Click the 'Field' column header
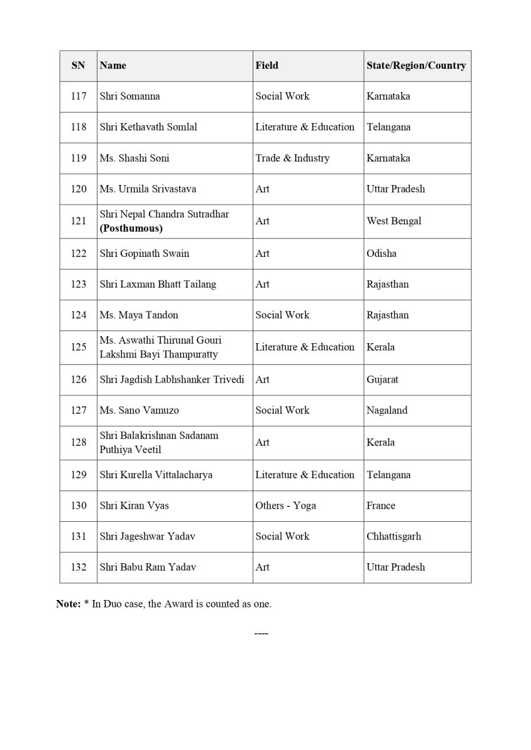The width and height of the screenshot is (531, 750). pos(266,65)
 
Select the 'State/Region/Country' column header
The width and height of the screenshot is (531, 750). pos(416,65)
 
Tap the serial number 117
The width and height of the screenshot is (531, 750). pos(79,96)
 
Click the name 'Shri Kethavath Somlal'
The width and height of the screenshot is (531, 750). pos(148,127)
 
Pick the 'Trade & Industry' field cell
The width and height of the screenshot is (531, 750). pos(292,158)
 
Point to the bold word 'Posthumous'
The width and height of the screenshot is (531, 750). pos(131,228)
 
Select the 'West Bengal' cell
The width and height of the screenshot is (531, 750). pos(394,221)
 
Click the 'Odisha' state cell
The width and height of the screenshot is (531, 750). pos(382,253)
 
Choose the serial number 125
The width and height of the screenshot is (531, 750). pos(79,347)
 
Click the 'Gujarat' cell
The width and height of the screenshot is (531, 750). pos(382,379)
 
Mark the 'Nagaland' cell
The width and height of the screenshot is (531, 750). pos(387,410)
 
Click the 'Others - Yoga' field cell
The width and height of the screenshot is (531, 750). pos(285,506)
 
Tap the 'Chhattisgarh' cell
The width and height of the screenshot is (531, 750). pos(394,536)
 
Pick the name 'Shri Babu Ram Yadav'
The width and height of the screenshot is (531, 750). pos(148,567)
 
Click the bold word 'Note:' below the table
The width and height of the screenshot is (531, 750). pos(68,604)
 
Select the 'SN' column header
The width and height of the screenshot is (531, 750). pos(78,65)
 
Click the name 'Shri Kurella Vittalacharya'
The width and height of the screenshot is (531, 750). pos(156,474)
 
